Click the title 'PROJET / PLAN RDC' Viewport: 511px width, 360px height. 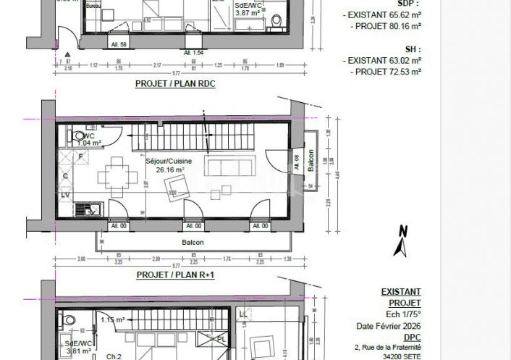(175, 84)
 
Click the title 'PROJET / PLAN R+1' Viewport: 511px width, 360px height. (175, 275)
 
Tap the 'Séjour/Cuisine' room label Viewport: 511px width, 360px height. (165, 162)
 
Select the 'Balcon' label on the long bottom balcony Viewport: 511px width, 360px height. (193, 243)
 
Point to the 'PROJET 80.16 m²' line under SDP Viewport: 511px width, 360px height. (385, 25)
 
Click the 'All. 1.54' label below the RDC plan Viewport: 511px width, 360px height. (193, 54)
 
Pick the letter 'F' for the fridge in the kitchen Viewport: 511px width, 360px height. (81, 156)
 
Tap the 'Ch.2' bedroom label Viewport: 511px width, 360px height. (114, 356)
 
